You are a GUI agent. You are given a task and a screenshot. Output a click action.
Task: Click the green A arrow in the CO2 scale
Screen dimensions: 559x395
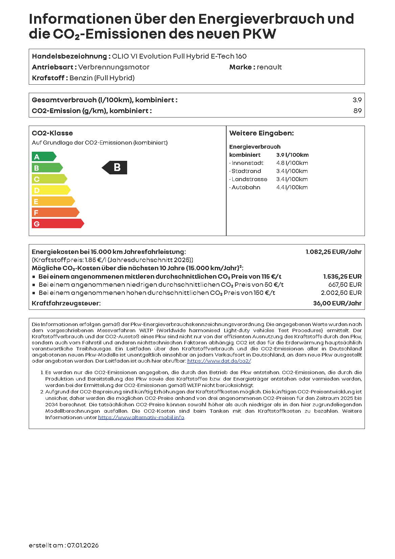pos(43,156)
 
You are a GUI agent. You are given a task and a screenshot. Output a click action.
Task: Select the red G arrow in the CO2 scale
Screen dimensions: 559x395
pos(57,223)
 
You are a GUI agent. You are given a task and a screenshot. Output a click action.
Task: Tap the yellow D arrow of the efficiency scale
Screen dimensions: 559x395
pos(50,190)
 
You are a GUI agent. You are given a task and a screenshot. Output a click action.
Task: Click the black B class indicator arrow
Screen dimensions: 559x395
pos(115,168)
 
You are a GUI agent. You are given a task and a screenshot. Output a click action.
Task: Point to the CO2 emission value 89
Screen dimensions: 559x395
pos(357,111)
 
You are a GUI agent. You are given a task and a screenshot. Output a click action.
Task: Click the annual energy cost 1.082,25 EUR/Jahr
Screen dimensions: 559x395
pos(333,252)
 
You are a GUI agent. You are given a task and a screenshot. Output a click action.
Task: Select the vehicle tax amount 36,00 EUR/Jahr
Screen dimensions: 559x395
pos(337,303)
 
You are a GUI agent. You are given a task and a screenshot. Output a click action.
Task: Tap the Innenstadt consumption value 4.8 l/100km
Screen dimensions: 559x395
pos(292,163)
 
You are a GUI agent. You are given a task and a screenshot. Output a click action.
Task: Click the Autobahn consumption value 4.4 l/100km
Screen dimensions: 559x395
pos(292,188)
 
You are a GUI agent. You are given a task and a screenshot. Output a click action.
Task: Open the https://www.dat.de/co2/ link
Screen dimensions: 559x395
pos(219,361)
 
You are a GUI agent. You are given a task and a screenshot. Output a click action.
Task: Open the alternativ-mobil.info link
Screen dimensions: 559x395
pos(141,417)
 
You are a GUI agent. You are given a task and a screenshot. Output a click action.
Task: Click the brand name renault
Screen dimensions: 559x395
pos(269,67)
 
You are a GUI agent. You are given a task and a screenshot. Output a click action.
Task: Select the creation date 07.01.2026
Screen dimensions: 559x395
pos(83,545)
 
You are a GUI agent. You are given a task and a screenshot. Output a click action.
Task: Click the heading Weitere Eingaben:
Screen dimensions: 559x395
pos(261,133)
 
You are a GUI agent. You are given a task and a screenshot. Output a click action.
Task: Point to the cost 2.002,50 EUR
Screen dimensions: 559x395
pos(341,293)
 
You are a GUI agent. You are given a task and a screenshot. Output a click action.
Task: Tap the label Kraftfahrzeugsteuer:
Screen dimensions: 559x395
pos(66,303)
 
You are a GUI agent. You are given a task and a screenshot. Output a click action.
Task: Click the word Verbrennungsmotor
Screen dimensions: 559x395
pos(114,67)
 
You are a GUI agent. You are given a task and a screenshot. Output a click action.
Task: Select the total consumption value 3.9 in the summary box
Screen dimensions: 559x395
pos(357,100)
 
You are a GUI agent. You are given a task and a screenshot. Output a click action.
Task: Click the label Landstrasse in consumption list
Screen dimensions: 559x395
pos(249,179)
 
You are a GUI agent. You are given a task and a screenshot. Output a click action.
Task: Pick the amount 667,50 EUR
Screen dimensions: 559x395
pos(345,285)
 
